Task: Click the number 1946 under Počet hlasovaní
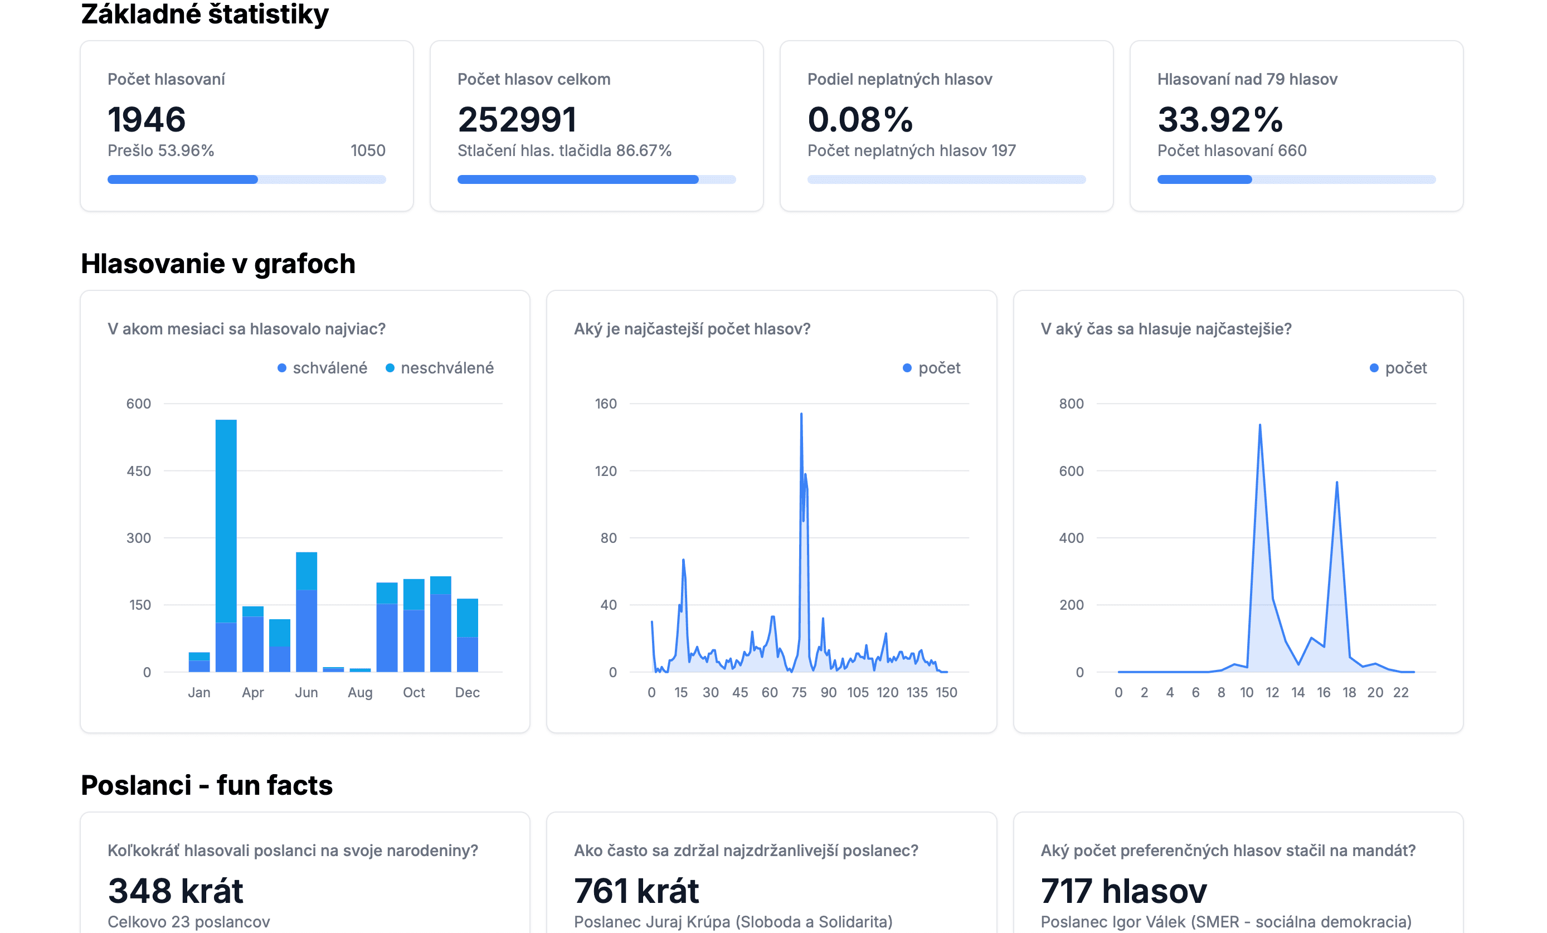tap(147, 119)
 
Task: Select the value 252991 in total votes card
tap(517, 119)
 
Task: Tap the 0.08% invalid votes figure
tap(859, 119)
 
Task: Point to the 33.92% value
tap(1220, 119)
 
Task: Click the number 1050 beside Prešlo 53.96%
tap(368, 150)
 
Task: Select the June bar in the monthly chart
tap(307, 612)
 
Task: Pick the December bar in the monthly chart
tap(467, 635)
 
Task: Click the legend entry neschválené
tap(446, 368)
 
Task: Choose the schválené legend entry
tap(329, 368)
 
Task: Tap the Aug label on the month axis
tap(360, 693)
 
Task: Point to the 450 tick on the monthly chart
tap(139, 471)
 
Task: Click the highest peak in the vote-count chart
tap(801, 414)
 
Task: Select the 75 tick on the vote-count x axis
tap(799, 693)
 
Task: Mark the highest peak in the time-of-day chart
tap(1259, 426)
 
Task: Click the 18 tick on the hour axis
tap(1349, 693)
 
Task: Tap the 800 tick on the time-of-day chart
tap(1071, 404)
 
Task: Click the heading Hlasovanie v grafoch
tap(218, 264)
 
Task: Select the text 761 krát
tap(636, 891)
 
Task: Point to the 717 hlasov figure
tap(1123, 891)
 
